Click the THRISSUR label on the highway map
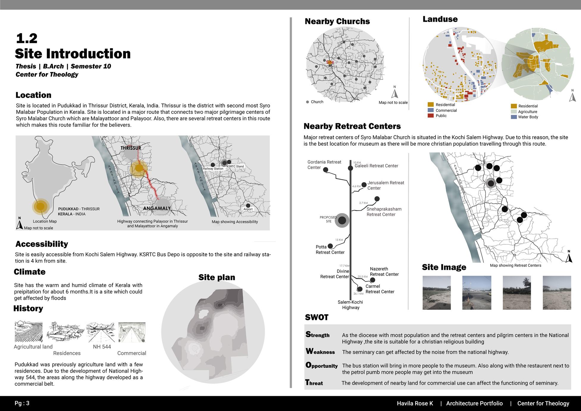tap(131, 148)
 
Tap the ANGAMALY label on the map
tap(157, 208)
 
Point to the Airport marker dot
tap(248, 205)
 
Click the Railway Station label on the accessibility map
tap(213, 169)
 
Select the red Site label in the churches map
tap(330, 62)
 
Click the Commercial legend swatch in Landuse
tap(430, 110)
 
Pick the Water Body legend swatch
tap(513, 117)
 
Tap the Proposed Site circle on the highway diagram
tap(342, 221)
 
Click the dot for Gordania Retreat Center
tap(325, 170)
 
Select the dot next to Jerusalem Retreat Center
tap(364, 185)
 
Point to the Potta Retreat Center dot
tap(330, 246)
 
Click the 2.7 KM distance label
tap(363, 203)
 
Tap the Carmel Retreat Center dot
tap(360, 289)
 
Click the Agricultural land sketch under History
tap(29, 331)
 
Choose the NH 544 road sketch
tap(100, 332)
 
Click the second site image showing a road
tap(477, 293)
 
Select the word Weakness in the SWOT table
tap(320, 352)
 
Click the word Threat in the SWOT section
tap(314, 383)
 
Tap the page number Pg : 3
tap(22, 403)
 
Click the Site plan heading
tap(217, 277)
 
